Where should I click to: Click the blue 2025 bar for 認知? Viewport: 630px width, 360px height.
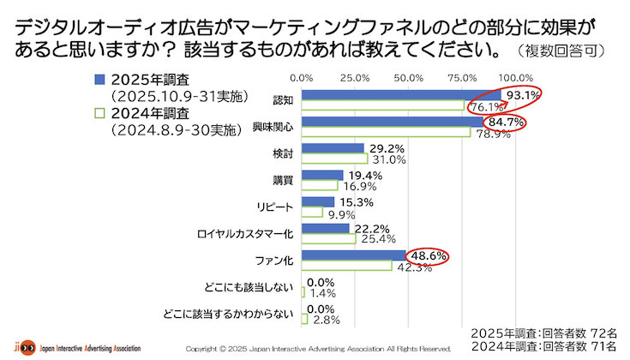(x=403, y=95)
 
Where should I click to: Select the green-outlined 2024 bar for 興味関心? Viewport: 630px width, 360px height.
(x=386, y=132)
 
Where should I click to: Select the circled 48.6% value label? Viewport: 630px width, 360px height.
(x=427, y=255)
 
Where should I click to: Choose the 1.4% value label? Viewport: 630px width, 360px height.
(x=322, y=293)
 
